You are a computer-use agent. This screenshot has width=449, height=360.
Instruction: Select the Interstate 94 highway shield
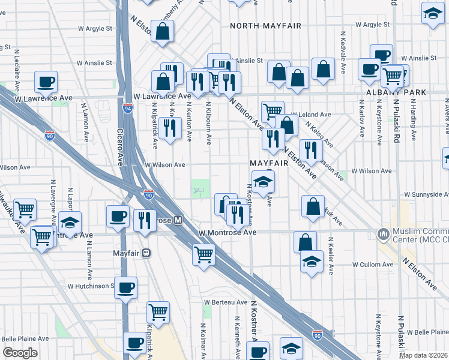pyautogui.click(x=128, y=109)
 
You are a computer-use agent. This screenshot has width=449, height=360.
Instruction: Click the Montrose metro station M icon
pyautogui.click(x=178, y=220)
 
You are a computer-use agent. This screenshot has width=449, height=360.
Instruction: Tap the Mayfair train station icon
pyautogui.click(x=146, y=253)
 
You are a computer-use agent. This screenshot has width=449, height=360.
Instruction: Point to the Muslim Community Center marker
pyautogui.click(x=382, y=233)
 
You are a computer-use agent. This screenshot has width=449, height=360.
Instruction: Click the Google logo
pyautogui.click(x=20, y=353)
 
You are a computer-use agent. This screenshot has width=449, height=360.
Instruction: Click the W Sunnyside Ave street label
pyautogui.click(x=426, y=194)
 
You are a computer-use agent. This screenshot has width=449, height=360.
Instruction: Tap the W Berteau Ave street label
pyautogui.click(x=225, y=302)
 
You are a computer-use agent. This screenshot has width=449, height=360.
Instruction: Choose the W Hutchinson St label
pyautogui.click(x=91, y=286)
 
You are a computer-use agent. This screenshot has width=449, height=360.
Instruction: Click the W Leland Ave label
pyautogui.click(x=311, y=114)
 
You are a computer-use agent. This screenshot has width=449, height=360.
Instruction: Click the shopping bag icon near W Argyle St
pyautogui.click(x=163, y=31)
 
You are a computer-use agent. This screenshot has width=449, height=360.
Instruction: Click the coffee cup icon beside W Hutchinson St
pyautogui.click(x=125, y=287)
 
